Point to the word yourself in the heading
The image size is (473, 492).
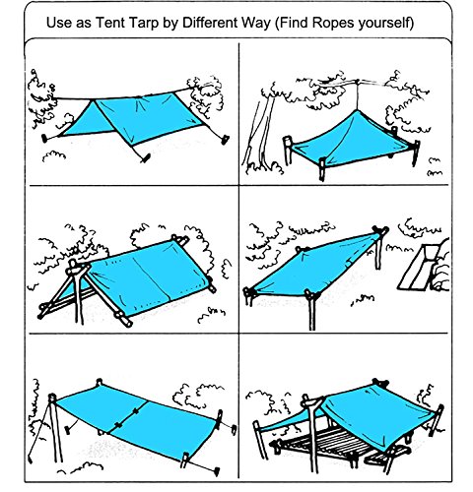[384, 24]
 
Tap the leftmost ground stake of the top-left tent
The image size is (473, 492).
[44, 138]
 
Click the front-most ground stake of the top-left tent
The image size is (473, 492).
[146, 157]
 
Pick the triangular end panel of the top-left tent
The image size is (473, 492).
[86, 121]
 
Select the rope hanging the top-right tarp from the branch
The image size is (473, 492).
[358, 96]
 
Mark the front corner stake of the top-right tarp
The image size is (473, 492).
[322, 169]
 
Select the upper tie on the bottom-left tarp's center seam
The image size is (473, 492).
[135, 411]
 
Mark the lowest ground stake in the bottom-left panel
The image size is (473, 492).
[217, 471]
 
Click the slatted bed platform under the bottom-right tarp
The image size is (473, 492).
[332, 443]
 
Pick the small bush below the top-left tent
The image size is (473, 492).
[53, 155]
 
